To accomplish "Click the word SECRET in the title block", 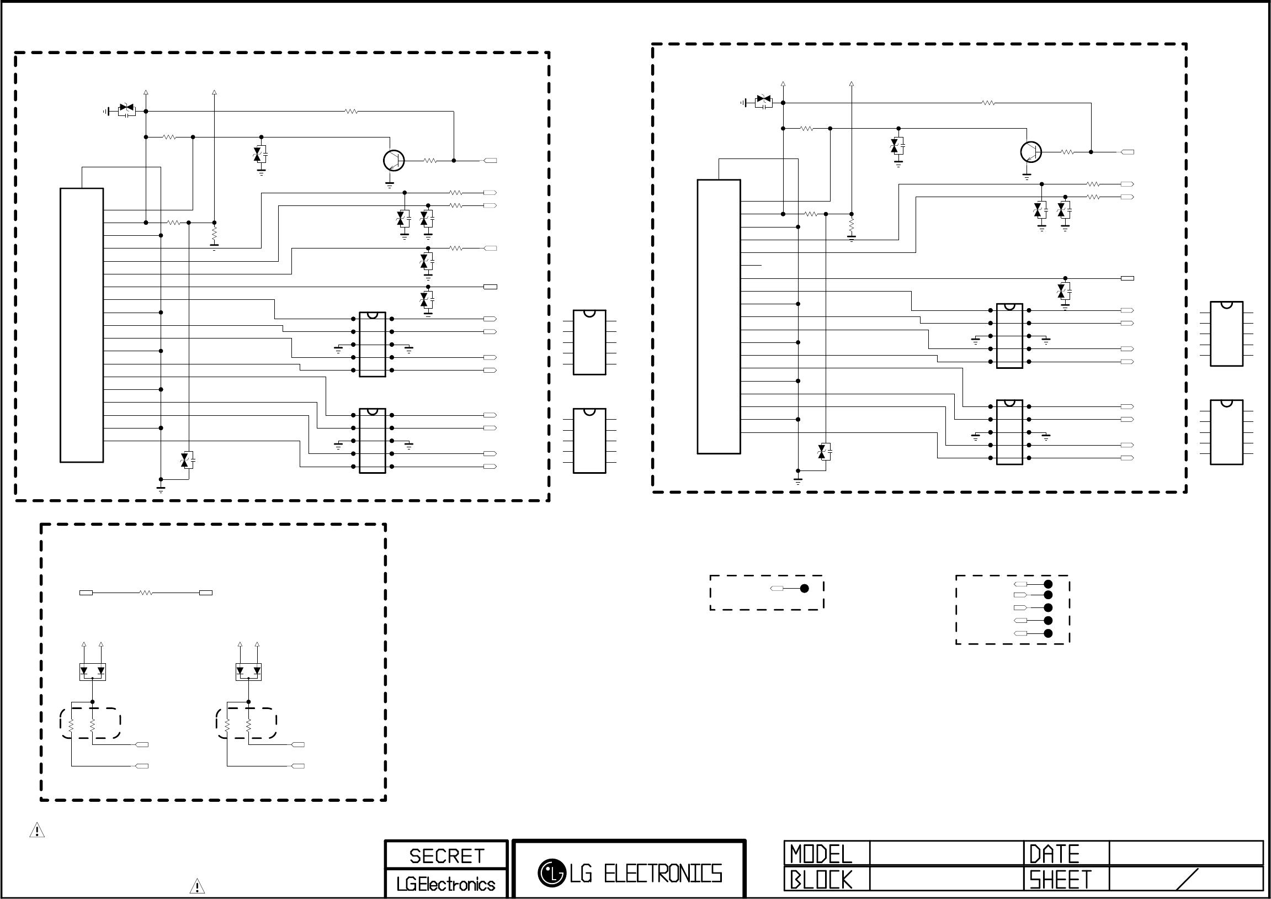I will [x=446, y=856].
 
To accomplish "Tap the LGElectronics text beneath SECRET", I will [x=445, y=884].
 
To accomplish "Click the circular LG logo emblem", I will [x=551, y=873].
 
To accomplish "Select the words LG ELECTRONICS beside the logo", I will [x=646, y=874].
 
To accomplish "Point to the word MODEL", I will [x=821, y=854].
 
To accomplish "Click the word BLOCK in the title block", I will [x=821, y=880].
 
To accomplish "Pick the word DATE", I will [x=1054, y=854].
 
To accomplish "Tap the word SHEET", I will [x=1060, y=880].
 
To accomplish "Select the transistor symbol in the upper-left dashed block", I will [x=393, y=160].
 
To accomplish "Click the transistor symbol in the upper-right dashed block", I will [x=1030, y=152].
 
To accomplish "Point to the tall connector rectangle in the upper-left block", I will [x=81, y=325].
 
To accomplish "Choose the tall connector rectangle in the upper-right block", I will [x=719, y=316].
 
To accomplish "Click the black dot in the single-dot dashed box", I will [x=804, y=588].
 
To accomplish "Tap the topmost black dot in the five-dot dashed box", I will [x=1047, y=584].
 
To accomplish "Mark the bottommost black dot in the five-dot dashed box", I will [x=1047, y=633].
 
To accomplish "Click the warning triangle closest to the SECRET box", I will [x=197, y=886].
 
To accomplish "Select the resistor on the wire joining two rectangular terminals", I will [x=146, y=593].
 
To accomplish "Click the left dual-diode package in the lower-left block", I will [x=93, y=671].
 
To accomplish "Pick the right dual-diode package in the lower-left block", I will [x=248, y=671].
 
